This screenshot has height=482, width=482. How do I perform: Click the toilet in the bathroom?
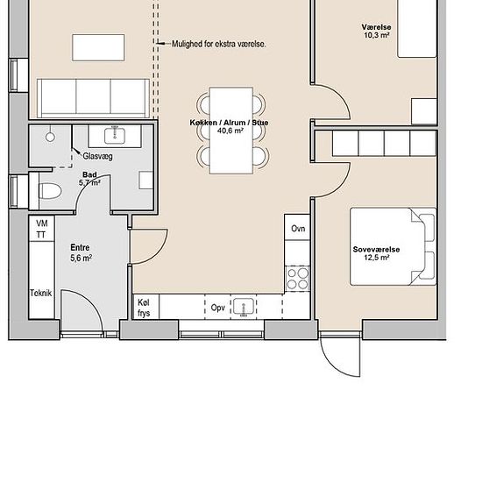pos(48,188)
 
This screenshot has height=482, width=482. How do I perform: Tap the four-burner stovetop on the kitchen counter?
pos(298,278)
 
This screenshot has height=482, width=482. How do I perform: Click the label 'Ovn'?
pos(297,229)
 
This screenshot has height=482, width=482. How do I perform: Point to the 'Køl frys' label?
pos(144,307)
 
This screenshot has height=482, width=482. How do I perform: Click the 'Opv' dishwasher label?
pos(217,308)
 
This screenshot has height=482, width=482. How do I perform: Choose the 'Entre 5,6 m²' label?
pos(81,253)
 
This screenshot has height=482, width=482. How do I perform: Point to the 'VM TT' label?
pos(41,230)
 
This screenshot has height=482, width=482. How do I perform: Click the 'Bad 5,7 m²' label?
pos(90,179)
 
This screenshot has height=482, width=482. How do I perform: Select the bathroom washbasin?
pos(114,135)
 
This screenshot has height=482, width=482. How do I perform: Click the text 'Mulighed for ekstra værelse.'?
pos(218,43)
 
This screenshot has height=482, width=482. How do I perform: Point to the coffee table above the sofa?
pos(96,46)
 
